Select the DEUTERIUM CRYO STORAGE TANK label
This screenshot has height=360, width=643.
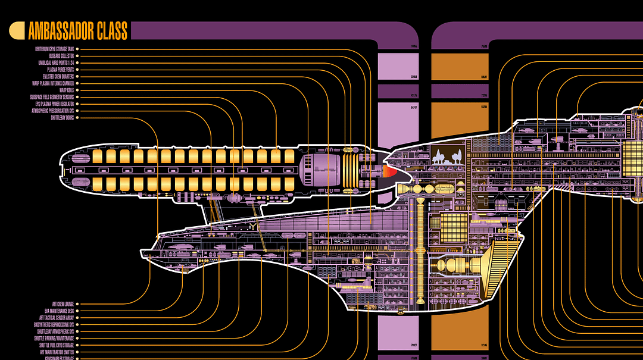pyautogui.click(x=54, y=49)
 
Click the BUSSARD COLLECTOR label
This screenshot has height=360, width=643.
pyautogui.click(x=61, y=56)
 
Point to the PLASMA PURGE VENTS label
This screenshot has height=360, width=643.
pyautogui.click(x=61, y=70)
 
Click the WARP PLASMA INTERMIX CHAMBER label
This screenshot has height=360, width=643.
pyautogui.click(x=53, y=83)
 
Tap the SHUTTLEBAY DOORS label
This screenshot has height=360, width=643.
pyautogui.click(x=62, y=118)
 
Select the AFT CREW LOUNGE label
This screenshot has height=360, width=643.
pyautogui.click(x=63, y=303)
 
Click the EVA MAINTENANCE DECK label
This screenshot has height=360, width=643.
pyautogui.click(x=59, y=311)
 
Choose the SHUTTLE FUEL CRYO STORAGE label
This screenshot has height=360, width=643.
pyautogui.click(x=57, y=345)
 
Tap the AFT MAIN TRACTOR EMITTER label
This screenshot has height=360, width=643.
pyautogui.click(x=57, y=352)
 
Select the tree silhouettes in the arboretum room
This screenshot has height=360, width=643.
pyautogui.click(x=447, y=157)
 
